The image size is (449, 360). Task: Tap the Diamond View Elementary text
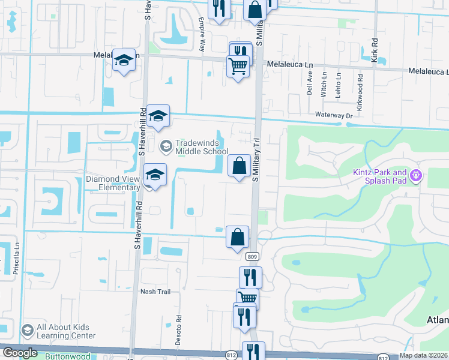113,183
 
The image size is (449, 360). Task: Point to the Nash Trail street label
155,292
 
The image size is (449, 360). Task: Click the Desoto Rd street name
179,326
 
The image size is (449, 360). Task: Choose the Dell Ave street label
310,84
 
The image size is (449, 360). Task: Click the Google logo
20,353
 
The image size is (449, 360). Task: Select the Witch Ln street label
324,85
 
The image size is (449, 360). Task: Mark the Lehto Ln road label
339,85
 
